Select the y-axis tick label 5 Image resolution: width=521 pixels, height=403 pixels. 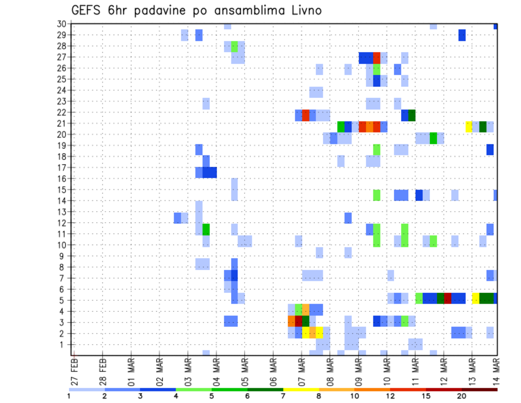point(63,300)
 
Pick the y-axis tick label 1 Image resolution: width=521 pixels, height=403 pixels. point(63,344)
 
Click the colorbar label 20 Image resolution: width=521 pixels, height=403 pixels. point(461,396)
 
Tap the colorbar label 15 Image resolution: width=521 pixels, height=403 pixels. point(425,396)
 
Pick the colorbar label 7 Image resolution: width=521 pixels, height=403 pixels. point(283,396)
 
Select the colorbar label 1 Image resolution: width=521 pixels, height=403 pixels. point(69,396)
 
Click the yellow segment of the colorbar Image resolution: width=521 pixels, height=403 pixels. point(301,389)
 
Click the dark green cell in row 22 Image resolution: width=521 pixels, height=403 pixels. point(412,115)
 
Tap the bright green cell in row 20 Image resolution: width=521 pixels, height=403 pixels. point(433,137)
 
